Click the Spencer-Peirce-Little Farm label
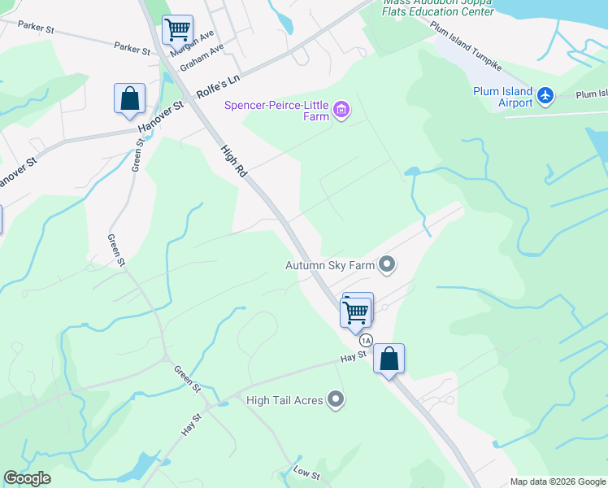tap(277, 111)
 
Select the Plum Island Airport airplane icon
tap(545, 97)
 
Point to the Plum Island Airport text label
tap(503, 97)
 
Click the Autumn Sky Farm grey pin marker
tap(388, 264)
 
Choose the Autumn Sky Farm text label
tap(329, 265)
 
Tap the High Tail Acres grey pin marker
tap(336, 399)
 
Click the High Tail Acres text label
tap(284, 400)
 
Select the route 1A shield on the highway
tap(366, 340)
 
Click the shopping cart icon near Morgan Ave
tap(177, 31)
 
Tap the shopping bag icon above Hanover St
tap(129, 99)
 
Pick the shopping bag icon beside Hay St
tap(389, 359)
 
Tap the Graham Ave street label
tap(202, 57)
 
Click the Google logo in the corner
tap(27, 478)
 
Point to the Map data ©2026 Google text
tap(557, 481)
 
